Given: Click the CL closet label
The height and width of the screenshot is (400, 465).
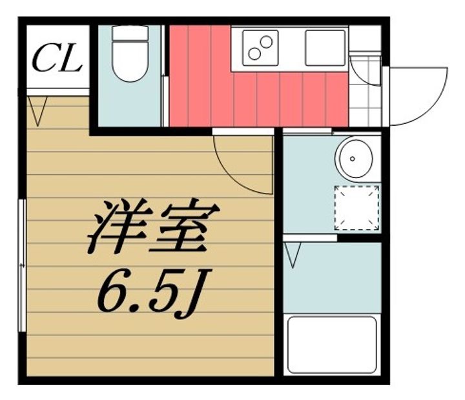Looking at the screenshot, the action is point(57,58).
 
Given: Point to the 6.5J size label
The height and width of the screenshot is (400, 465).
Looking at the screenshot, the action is point(154,293).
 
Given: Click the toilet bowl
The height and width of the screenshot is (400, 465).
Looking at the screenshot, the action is point(130,61).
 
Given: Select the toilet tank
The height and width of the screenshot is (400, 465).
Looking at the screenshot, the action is point(130,33).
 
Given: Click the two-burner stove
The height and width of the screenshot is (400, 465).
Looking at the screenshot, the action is point(260,48).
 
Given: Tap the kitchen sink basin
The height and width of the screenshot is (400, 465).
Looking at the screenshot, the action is point(325,48).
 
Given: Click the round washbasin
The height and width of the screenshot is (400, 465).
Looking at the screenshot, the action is point(354,159).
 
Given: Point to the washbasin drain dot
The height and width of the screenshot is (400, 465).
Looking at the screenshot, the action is point(353,159).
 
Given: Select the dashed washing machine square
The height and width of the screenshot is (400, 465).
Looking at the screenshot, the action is point(356,208).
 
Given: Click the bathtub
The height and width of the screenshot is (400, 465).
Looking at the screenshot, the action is point(332,345).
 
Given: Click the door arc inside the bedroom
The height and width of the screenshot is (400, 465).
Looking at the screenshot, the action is point(234,178).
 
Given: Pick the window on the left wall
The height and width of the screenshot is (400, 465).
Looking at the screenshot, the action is point(22,265).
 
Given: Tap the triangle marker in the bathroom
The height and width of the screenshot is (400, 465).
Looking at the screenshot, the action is point(293,255).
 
